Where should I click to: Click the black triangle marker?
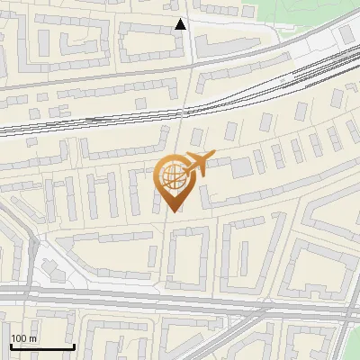click(x=181, y=24)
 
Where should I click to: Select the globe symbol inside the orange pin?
click(x=172, y=176)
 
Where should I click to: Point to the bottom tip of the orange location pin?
click(x=173, y=211)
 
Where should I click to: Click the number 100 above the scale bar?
click(x=19, y=338)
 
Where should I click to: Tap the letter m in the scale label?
click(x=32, y=338)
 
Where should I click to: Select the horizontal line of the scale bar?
click(x=42, y=346)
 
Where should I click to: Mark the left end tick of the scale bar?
click(x=11, y=345)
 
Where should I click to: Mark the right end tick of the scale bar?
click(x=74, y=345)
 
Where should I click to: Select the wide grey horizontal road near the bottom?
click(x=180, y=301)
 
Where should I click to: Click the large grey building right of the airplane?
click(x=241, y=167)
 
